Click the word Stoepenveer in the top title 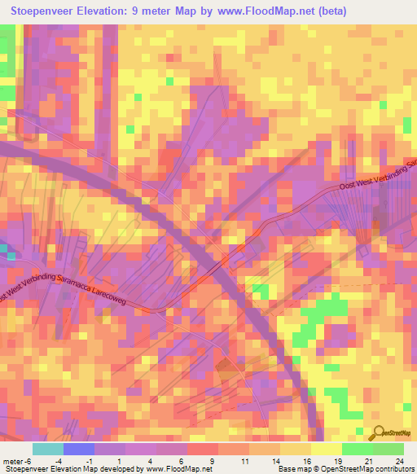(46, 11)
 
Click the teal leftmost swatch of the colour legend (48, 449)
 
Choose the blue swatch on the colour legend (79, 449)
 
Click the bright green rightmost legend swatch (388, 449)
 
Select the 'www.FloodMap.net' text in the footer (173, 469)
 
